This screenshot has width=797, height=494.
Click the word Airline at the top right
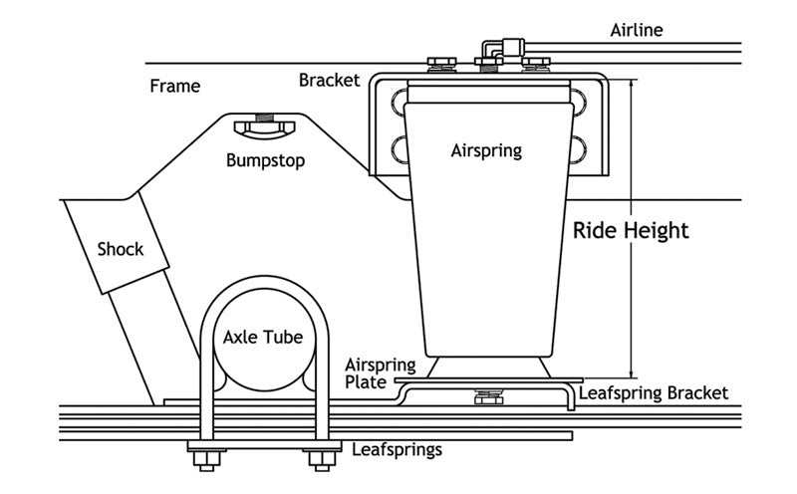(x=637, y=30)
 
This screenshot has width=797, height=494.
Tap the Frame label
(x=174, y=86)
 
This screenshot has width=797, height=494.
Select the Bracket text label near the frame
(x=329, y=80)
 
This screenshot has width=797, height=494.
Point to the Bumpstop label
(x=265, y=159)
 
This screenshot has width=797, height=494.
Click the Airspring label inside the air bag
(x=486, y=151)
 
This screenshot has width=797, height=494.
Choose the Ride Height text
(x=631, y=231)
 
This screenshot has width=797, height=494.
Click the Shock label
(x=120, y=249)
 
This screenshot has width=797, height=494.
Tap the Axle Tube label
(x=262, y=337)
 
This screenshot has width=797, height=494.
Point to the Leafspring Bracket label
(x=654, y=392)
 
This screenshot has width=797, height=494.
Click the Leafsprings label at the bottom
(x=398, y=449)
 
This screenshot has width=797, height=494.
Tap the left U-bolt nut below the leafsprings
(x=206, y=459)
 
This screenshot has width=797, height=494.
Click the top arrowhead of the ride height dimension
(x=631, y=85)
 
